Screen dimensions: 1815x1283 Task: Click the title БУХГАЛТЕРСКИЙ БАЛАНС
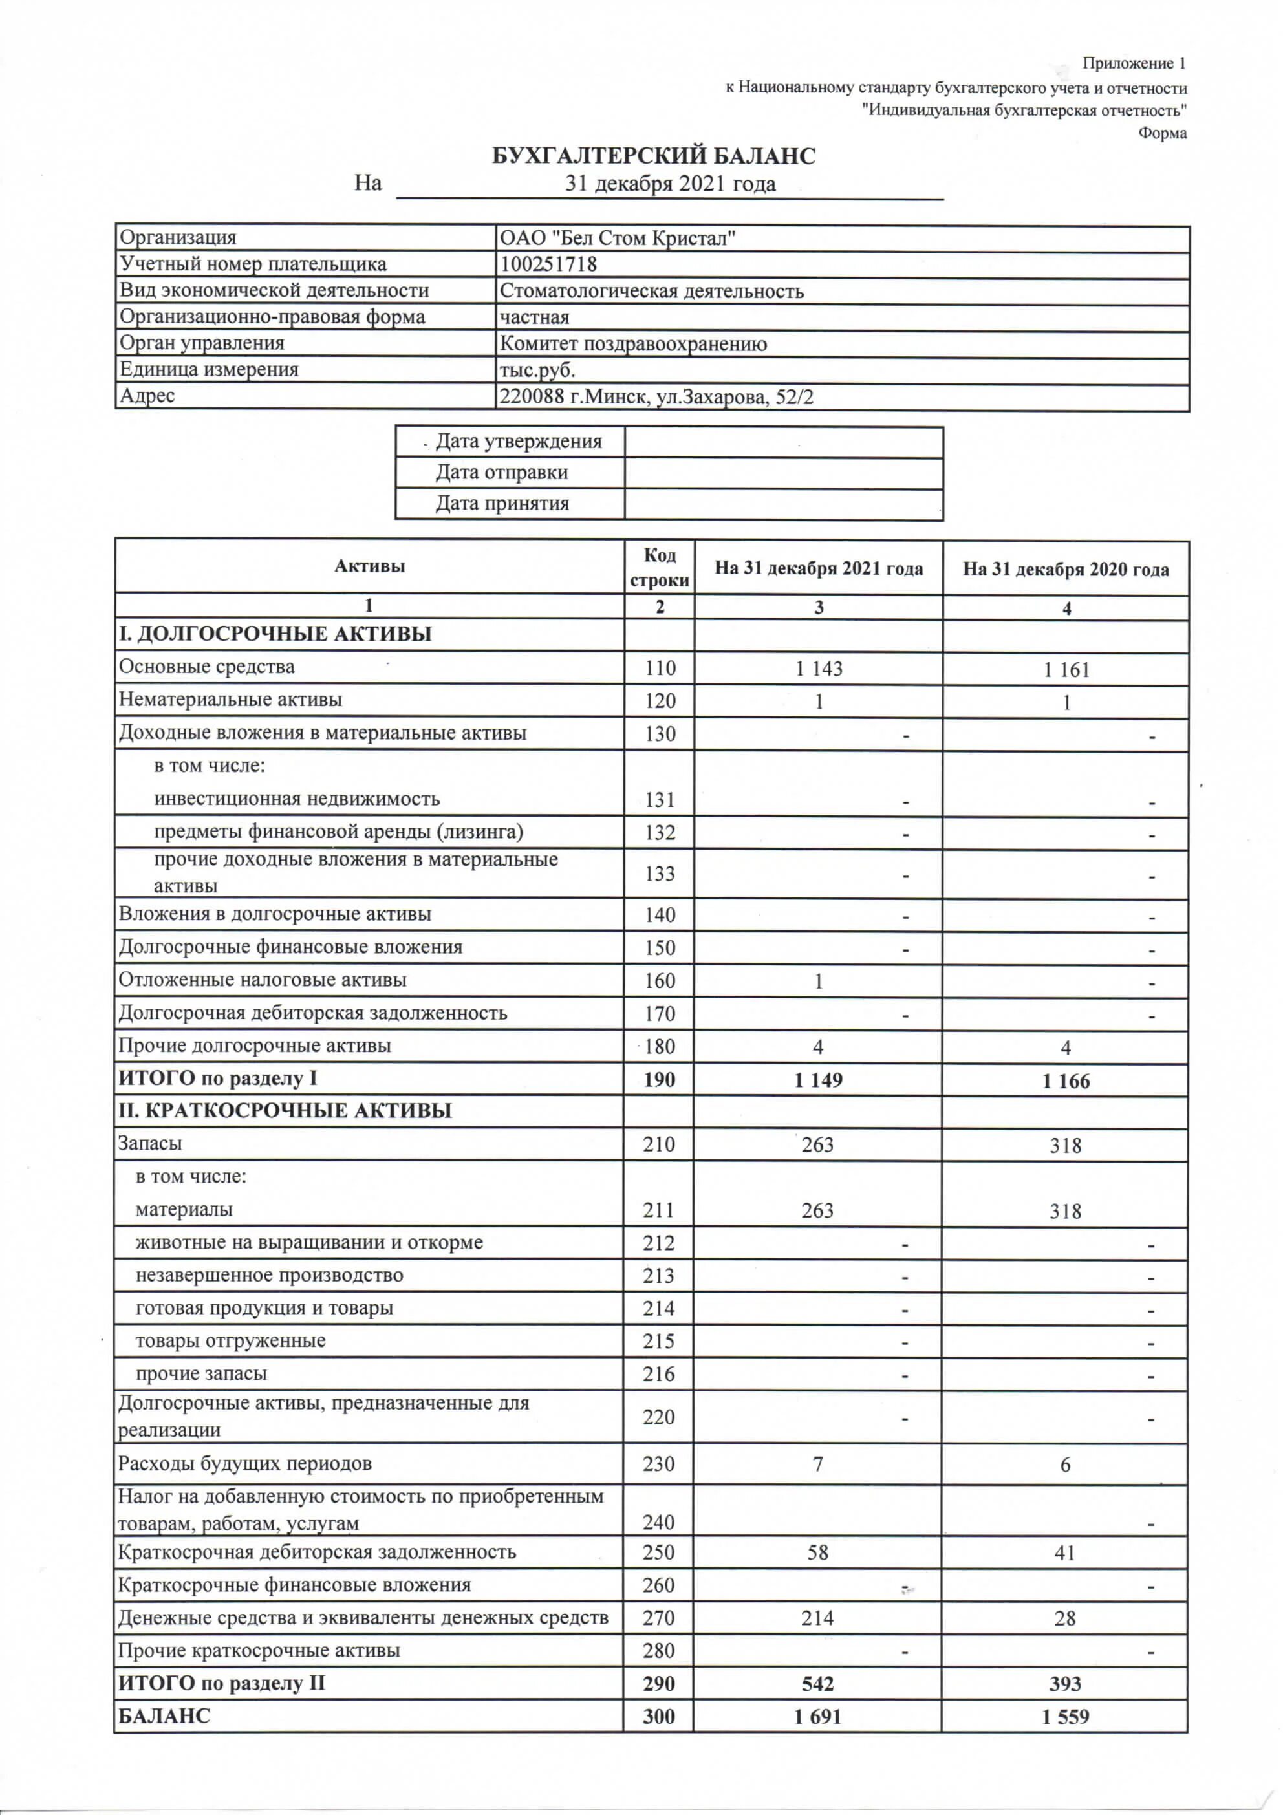tap(654, 156)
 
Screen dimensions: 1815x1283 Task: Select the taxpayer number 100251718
tap(548, 264)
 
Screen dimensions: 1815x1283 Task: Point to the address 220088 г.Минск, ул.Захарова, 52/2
tap(656, 396)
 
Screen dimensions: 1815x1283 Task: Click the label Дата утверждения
tap(518, 442)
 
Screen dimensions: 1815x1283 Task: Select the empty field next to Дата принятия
tap(783, 504)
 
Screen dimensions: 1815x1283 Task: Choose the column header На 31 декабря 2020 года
tap(1066, 569)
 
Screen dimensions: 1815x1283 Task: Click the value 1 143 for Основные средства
tap(818, 669)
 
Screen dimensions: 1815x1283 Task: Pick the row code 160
tap(660, 980)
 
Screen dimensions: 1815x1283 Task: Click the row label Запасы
tap(150, 1143)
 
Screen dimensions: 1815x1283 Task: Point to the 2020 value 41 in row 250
tap(1066, 1552)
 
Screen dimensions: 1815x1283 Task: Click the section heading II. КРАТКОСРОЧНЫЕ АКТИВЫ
tap(285, 1111)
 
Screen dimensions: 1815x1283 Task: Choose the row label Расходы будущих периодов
tap(244, 1463)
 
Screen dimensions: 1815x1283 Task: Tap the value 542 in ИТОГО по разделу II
tap(817, 1683)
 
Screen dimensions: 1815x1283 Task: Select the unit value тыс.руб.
tap(537, 370)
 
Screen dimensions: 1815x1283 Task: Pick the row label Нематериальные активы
tap(230, 700)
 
